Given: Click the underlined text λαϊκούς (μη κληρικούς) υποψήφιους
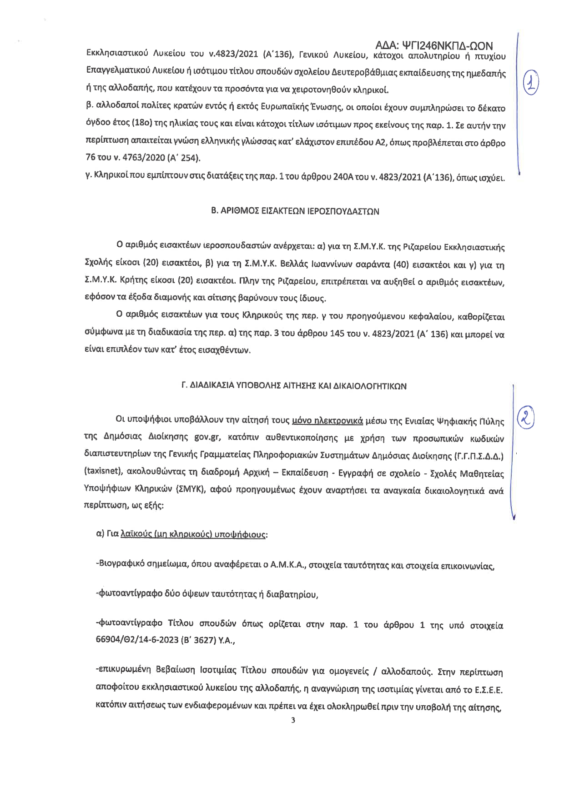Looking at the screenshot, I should [193, 534].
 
